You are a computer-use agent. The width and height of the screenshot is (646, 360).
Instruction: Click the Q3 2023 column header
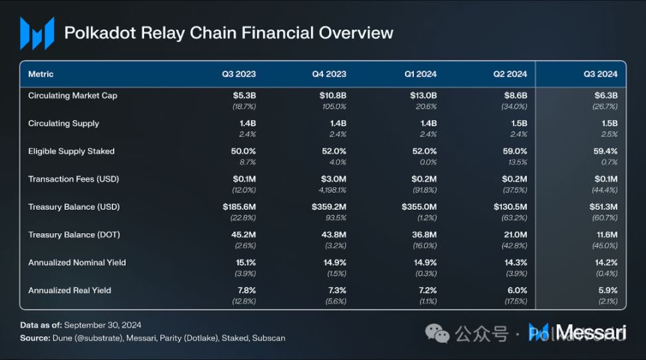239,74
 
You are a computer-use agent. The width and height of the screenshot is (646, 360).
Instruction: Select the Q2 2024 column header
510,74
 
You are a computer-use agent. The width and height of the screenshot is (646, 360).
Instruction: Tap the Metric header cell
41,74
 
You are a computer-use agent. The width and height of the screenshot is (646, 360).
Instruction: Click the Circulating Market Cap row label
72,96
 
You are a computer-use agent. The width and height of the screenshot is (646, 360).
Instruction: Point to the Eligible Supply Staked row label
71,151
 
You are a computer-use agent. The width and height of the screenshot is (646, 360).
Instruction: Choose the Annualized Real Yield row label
69,290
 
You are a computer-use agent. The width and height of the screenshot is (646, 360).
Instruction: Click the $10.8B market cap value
332,96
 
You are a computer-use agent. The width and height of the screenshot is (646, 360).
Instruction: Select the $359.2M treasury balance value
330,207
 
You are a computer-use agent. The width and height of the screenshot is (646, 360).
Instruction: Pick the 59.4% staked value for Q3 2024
605,151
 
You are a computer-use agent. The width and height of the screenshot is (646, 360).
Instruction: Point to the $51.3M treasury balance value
603,207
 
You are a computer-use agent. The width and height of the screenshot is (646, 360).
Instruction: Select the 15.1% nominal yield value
244,262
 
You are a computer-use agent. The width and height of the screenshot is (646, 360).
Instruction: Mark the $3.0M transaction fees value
333,179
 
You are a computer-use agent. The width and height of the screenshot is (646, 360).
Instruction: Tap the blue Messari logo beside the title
37,33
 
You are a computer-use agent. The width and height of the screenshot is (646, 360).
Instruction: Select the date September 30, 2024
103,325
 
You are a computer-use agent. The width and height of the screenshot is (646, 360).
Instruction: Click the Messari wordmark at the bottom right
592,332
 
